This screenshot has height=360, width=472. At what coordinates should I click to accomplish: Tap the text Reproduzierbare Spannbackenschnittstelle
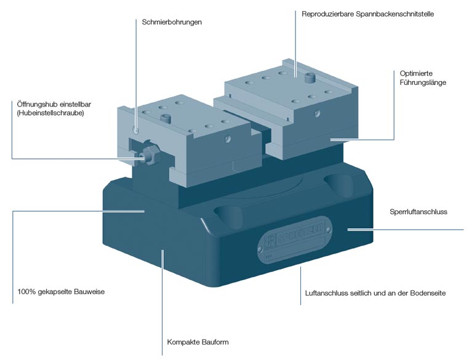point(368,14)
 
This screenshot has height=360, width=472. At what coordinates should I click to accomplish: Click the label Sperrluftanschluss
point(418,212)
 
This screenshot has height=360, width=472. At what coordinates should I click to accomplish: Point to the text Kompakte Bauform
point(198,342)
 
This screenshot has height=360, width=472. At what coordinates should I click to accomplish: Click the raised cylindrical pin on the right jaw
point(310,78)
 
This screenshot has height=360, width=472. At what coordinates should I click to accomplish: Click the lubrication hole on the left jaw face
point(136,130)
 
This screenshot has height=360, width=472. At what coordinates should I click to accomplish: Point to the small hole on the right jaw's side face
point(318,113)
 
